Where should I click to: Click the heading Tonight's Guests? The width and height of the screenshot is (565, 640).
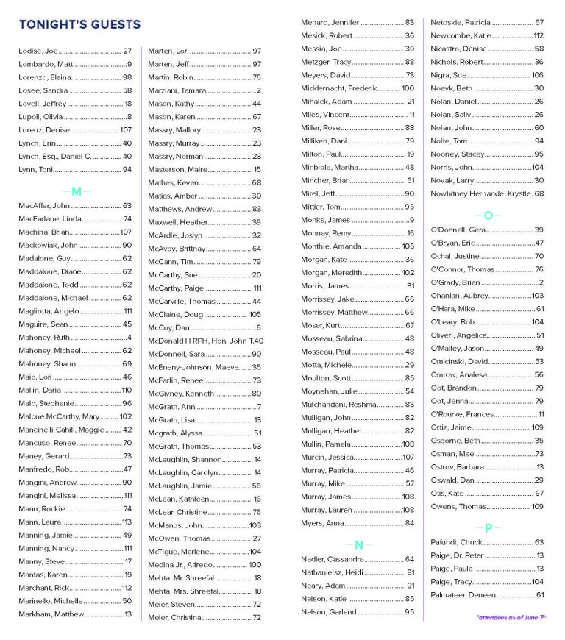(x=79, y=25)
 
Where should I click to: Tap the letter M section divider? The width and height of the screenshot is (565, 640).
(x=77, y=191)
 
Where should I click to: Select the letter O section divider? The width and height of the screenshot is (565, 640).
(x=487, y=215)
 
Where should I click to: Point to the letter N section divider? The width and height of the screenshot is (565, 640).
(x=358, y=545)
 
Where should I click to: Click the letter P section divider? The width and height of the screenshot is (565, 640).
(x=487, y=527)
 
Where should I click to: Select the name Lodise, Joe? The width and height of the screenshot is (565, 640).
(x=38, y=51)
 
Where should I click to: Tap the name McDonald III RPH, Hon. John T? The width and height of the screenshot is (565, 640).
(x=198, y=341)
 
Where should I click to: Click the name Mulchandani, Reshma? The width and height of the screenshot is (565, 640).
(x=338, y=405)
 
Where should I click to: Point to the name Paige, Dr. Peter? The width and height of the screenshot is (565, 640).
(x=457, y=555)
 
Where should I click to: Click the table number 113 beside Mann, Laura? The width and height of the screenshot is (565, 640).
(x=127, y=522)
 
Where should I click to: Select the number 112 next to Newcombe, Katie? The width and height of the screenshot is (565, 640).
(x=539, y=35)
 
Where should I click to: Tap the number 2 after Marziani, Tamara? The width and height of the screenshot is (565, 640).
(x=259, y=90)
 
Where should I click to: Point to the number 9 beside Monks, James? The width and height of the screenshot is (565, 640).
(x=412, y=220)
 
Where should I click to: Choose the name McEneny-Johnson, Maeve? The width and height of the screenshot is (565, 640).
(x=194, y=367)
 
